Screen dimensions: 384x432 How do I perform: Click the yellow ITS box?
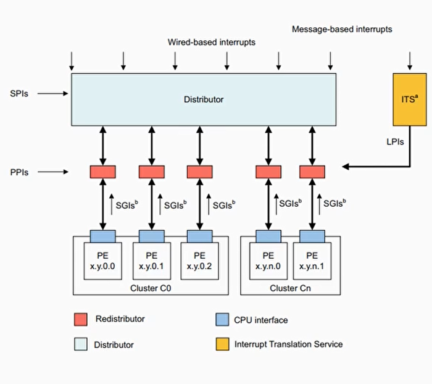[410, 98]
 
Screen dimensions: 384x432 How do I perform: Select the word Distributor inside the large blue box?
[204, 99]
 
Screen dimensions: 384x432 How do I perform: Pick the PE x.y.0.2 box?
[199, 261]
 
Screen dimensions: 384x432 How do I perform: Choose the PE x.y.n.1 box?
[312, 261]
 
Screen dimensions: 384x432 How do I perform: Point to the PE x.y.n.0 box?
[267, 261]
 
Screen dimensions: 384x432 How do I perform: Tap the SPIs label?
[19, 94]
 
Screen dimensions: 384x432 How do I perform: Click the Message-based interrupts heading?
[341, 29]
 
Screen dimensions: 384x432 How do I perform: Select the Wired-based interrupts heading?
[211, 43]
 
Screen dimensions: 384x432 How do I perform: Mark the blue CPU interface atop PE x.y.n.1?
[312, 236]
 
